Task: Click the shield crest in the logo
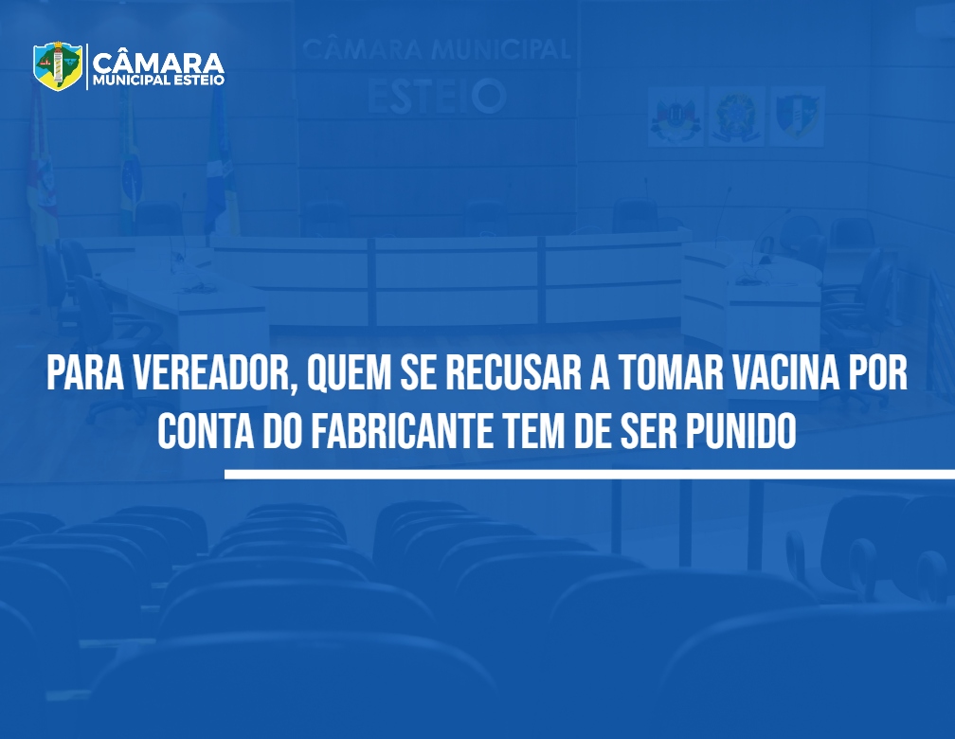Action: (58, 65)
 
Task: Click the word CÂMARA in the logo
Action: (158, 63)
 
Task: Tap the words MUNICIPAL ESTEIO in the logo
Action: (158, 81)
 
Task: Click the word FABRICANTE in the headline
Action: (402, 431)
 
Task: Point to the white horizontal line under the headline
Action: (589, 474)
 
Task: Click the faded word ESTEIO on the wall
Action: (438, 97)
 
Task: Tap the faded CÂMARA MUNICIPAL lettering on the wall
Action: (436, 49)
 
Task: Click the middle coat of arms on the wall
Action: (736, 116)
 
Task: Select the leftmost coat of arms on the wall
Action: (676, 116)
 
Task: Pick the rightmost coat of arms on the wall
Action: (797, 116)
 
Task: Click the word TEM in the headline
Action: (532, 431)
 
